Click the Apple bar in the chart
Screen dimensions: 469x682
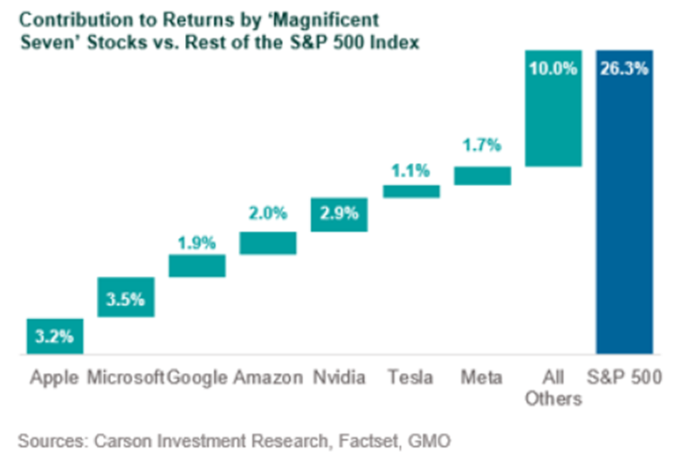pyautogui.click(x=55, y=336)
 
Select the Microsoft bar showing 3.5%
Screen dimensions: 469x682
pyautogui.click(x=126, y=297)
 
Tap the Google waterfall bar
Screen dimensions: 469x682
pyautogui.click(x=197, y=266)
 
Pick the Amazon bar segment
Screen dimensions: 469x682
pyautogui.click(x=268, y=242)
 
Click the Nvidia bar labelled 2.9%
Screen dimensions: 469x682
pyautogui.click(x=340, y=214)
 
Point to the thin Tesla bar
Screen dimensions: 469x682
pyautogui.click(x=411, y=192)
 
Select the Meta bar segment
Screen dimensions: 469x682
pyautogui.click(x=483, y=176)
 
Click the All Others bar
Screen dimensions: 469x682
pyautogui.click(x=554, y=107)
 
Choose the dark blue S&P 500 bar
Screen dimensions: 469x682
pyautogui.click(x=624, y=202)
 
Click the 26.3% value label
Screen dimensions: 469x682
pyautogui.click(x=624, y=68)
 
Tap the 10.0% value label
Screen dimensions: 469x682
pyautogui.click(x=554, y=68)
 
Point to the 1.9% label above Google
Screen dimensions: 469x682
pyautogui.click(x=197, y=243)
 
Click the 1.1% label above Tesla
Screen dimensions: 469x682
pyautogui.click(x=411, y=172)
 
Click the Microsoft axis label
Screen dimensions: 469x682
pyautogui.click(x=126, y=377)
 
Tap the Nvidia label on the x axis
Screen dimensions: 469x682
pyautogui.click(x=340, y=377)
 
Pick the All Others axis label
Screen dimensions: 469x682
pyautogui.click(x=554, y=388)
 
